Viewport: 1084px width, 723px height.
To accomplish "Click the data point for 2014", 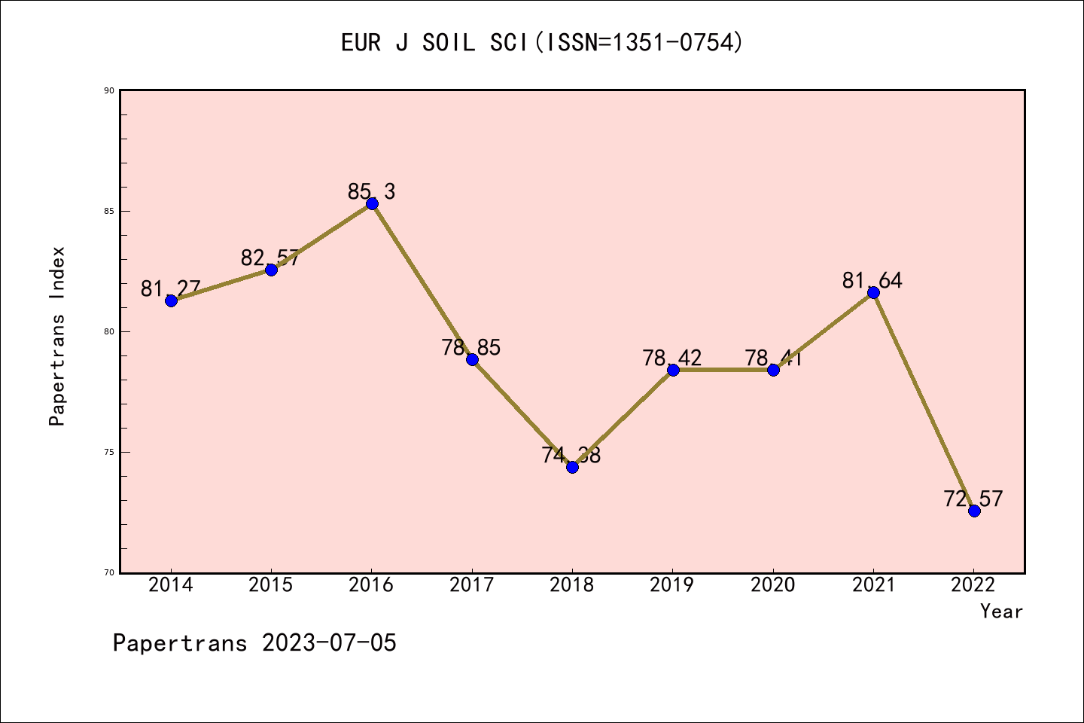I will point(171,300).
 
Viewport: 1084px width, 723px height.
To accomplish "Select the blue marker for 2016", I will point(372,203).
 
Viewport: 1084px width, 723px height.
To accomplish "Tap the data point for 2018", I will point(572,467).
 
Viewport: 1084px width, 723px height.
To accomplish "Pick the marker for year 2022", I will point(974,511).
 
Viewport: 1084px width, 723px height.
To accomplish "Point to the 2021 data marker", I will point(873,292).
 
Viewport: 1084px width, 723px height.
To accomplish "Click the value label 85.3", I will point(371,191).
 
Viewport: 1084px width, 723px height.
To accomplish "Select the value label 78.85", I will point(471,347).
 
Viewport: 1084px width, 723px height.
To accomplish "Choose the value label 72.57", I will point(973,499).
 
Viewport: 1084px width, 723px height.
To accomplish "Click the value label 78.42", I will point(671,358).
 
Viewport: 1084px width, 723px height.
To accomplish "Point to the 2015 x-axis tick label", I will point(271,585).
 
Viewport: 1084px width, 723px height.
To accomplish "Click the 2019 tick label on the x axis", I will point(672,585).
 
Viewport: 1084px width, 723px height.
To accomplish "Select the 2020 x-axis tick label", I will point(773,585).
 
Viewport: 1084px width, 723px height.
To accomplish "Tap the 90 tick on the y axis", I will point(109,90).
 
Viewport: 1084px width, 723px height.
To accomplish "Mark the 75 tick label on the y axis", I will point(109,452).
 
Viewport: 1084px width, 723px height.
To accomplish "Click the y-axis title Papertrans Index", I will point(57,336).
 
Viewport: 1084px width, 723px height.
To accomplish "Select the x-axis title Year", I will point(1001,612).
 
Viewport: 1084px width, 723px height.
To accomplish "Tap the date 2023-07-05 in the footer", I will point(329,643).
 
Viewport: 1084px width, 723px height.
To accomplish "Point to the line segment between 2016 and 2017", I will point(422,281).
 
